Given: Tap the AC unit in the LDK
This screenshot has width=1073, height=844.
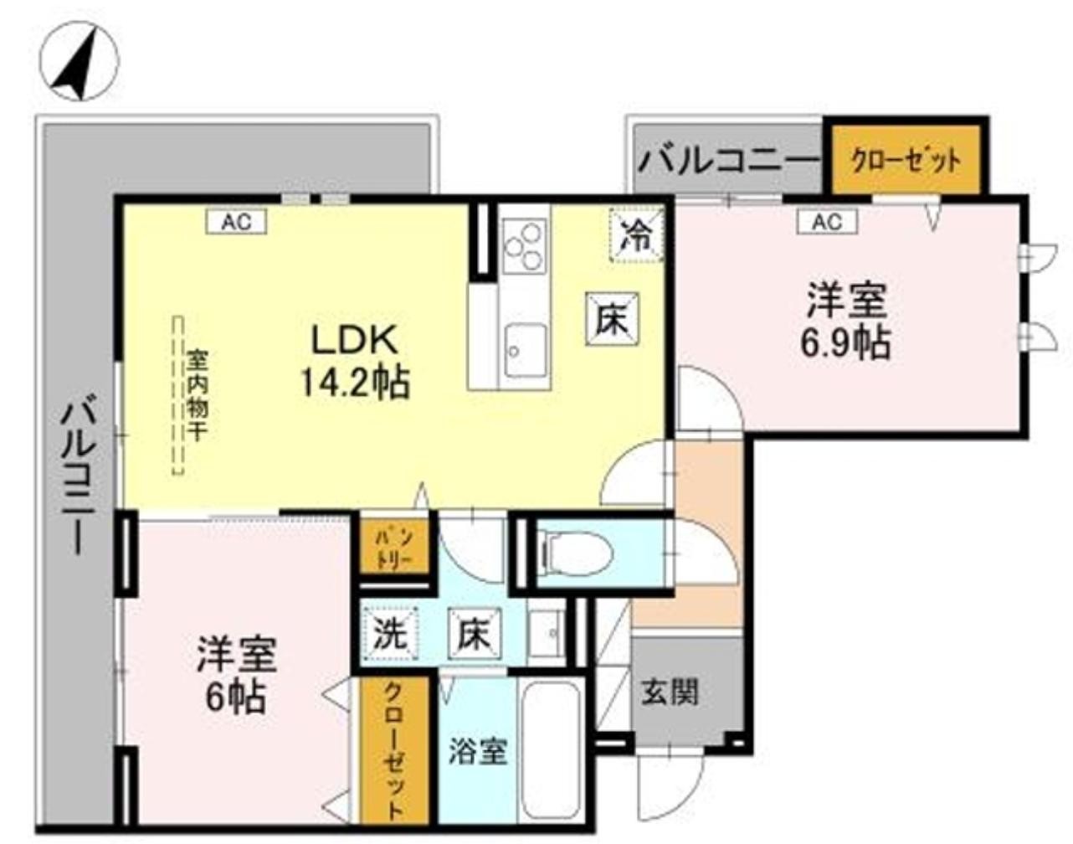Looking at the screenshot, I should [236, 222].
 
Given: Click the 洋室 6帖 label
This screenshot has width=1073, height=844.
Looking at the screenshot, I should [236, 674].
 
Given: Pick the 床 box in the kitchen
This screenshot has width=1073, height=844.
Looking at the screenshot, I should [612, 318].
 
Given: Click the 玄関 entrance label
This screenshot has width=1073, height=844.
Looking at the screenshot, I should [670, 692].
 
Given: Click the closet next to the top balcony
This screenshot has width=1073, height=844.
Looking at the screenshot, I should [906, 159].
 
